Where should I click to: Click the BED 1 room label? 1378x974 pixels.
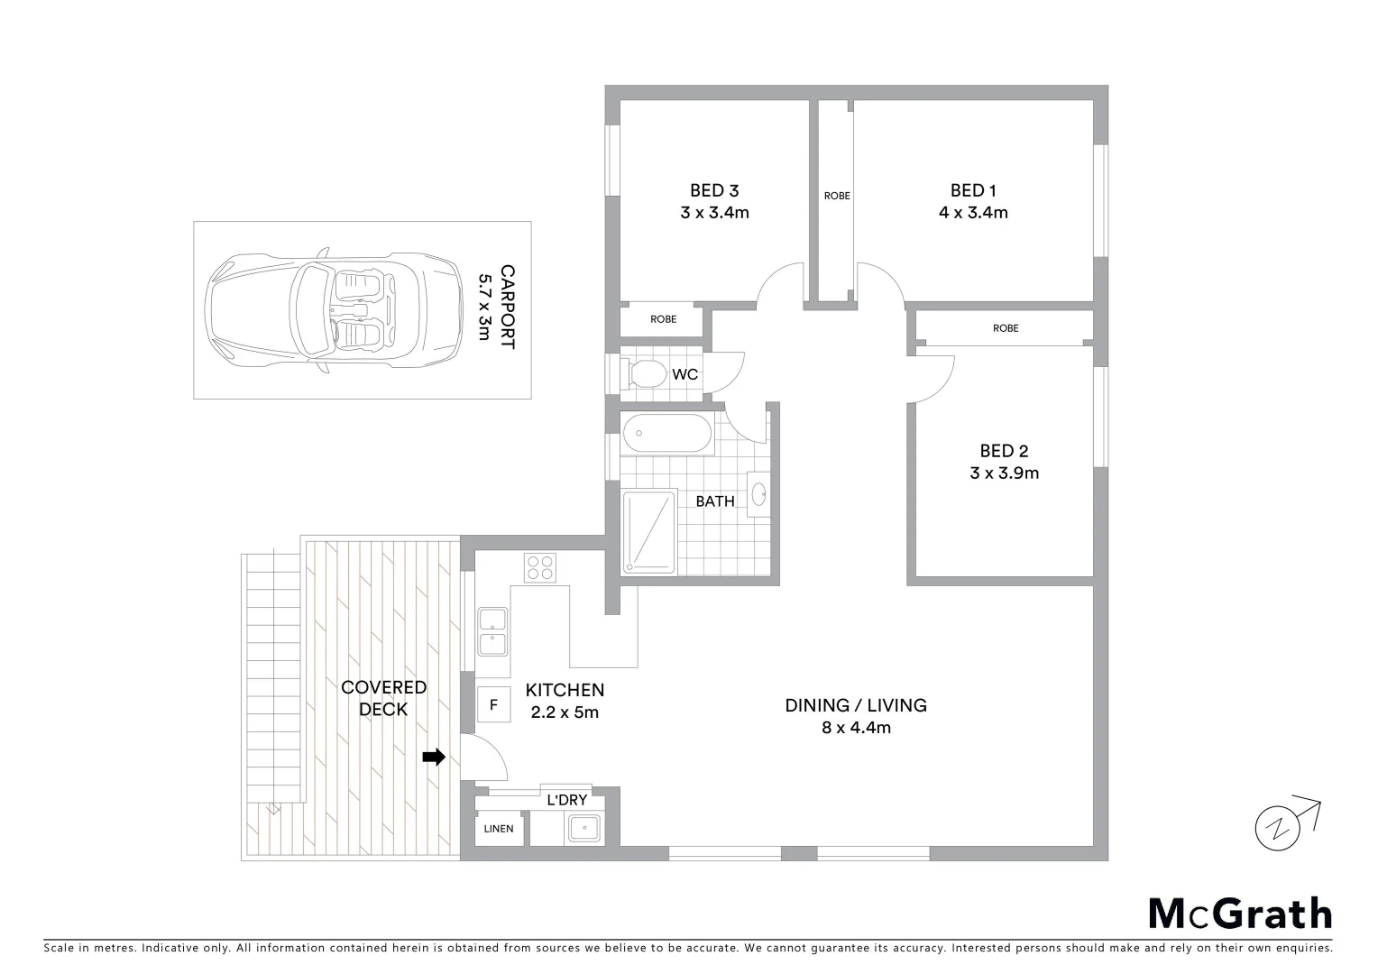pyautogui.click(x=973, y=190)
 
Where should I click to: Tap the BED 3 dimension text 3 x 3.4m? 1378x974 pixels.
pyautogui.click(x=714, y=213)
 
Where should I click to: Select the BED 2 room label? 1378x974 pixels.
pyautogui.click(x=1004, y=451)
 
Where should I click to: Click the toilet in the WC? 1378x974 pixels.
pyautogui.click(x=646, y=372)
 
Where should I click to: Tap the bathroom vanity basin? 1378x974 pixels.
pyautogui.click(x=759, y=494)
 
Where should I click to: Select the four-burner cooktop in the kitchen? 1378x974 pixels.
pyautogui.click(x=540, y=567)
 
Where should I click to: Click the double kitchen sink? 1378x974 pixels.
pyautogui.click(x=492, y=630)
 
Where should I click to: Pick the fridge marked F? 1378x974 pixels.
pyautogui.click(x=493, y=704)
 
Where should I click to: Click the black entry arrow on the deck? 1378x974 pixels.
pyautogui.click(x=434, y=758)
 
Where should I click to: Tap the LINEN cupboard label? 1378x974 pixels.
pyautogui.click(x=499, y=829)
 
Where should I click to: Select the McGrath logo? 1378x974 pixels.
pyautogui.click(x=1240, y=914)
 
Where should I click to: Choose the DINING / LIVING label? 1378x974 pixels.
pyautogui.click(x=856, y=705)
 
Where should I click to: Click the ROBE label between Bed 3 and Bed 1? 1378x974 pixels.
pyautogui.click(x=837, y=196)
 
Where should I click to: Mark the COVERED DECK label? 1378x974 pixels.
pyautogui.click(x=384, y=698)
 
